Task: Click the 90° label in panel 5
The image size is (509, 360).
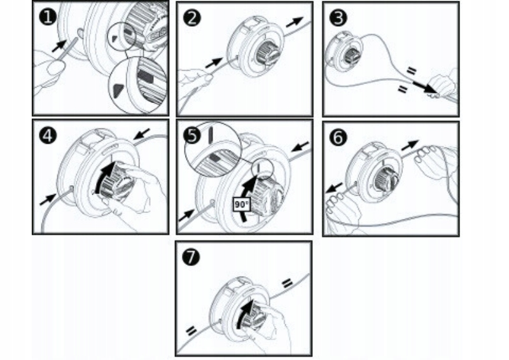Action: pyautogui.click(x=241, y=205)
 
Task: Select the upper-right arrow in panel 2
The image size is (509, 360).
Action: pyautogui.click(x=294, y=22)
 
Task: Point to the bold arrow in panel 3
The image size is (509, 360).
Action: pyautogui.click(x=421, y=87)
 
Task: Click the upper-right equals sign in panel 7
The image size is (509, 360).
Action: pyautogui.click(x=286, y=282)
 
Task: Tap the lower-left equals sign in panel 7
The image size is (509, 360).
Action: pyautogui.click(x=190, y=331)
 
